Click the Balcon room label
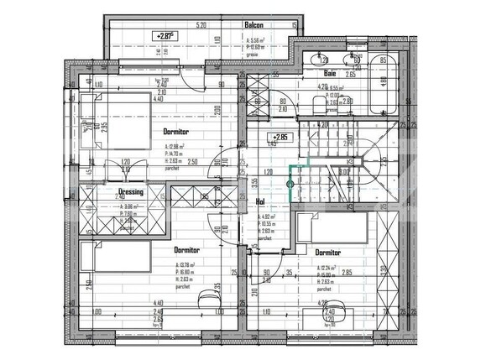tap(254, 25)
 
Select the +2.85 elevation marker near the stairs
tap(278, 136)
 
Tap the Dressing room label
tap(128, 191)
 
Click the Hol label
tap(260, 201)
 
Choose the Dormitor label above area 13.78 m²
tap(186, 249)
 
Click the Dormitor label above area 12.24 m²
tap(327, 251)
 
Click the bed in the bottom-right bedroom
tap(336, 224)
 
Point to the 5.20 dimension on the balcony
tap(201, 25)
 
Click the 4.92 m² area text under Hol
tap(269, 217)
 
